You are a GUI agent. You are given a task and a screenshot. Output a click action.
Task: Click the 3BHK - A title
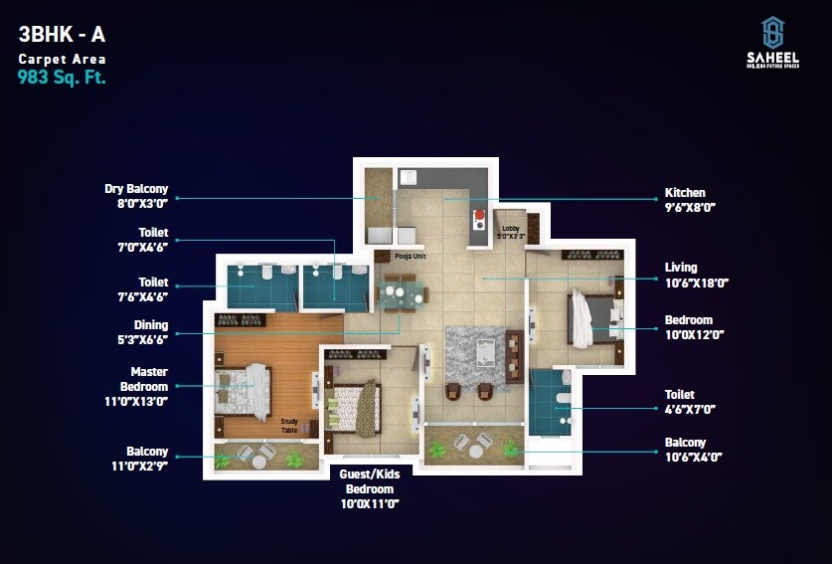tap(62, 35)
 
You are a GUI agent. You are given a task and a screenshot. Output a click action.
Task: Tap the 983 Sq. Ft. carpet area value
tap(62, 77)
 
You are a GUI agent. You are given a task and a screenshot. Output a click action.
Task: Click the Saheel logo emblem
tap(772, 31)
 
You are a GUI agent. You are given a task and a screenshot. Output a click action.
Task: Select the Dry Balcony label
tap(136, 189)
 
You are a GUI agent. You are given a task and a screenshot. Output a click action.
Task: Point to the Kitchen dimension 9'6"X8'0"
tap(690, 207)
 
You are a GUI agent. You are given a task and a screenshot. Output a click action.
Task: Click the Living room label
tap(681, 267)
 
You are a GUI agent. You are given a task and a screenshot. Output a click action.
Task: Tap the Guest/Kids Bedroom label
tap(370, 482)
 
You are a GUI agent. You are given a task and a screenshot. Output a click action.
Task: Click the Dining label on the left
tap(151, 325)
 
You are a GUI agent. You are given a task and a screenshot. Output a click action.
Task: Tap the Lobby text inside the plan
tap(510, 229)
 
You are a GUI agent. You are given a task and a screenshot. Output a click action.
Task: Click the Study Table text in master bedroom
tap(289, 425)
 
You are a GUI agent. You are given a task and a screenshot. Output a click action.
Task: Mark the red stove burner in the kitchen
tap(479, 215)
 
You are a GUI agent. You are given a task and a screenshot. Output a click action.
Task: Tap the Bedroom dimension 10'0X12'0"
tap(689, 335)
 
